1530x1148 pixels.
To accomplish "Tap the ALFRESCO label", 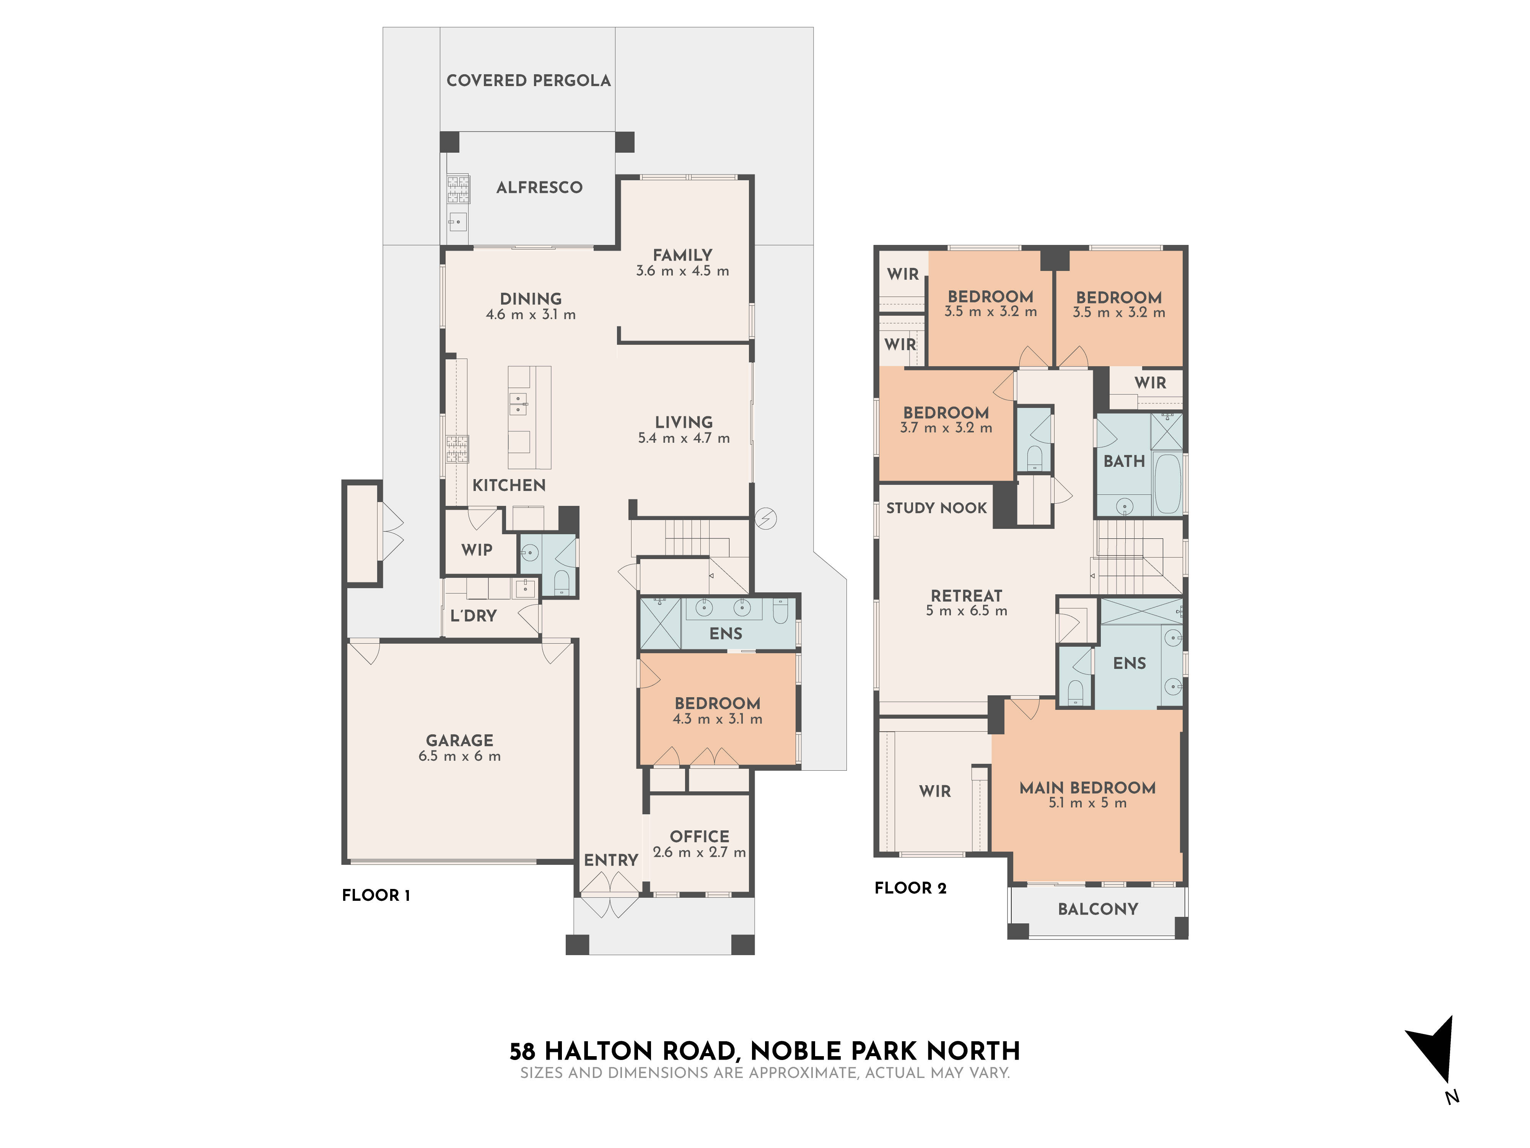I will pos(539,188).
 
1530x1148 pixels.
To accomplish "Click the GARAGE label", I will pos(459,740).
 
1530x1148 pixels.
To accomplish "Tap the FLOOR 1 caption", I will pos(376,895).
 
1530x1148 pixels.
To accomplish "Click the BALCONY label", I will pos(1098,909).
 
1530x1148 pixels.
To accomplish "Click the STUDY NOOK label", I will pos(936,508).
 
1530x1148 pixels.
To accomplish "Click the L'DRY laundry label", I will pos(473,616).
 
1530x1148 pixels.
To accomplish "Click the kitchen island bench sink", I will pos(518,403).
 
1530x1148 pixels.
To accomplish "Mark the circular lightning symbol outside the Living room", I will pos(766,518).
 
